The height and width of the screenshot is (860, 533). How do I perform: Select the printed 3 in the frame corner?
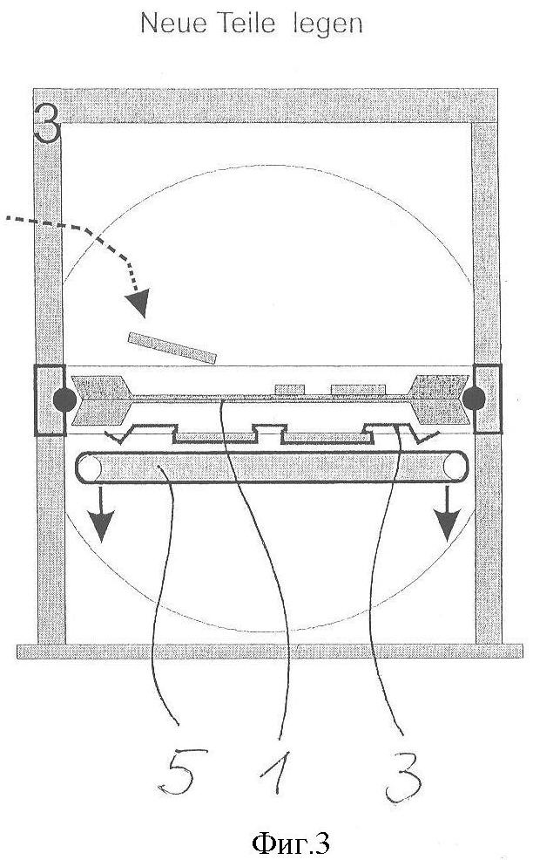pyautogui.click(x=46, y=123)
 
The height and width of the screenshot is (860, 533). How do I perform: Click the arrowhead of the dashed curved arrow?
pyautogui.click(x=137, y=303)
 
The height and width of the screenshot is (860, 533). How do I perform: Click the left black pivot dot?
pyautogui.click(x=65, y=399)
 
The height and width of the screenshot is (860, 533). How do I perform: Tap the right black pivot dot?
pyautogui.click(x=473, y=399)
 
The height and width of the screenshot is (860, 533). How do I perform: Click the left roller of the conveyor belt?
pyautogui.click(x=91, y=468)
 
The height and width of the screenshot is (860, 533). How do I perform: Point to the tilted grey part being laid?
pyautogui.click(x=172, y=348)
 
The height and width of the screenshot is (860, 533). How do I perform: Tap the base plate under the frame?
pyautogui.click(x=269, y=651)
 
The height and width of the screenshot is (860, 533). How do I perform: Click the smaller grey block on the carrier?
pyautogui.click(x=289, y=389)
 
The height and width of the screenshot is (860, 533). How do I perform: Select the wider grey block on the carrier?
pyautogui.click(x=358, y=389)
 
